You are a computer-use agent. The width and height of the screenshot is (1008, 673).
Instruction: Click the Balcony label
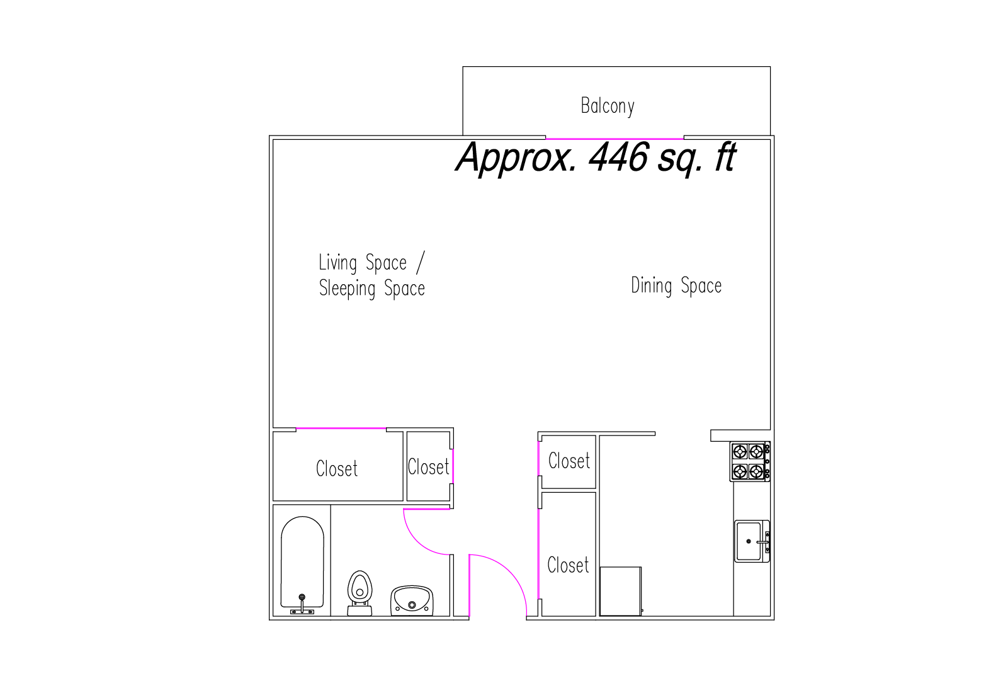(608, 106)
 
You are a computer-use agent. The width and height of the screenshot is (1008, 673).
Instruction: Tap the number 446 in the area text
(619, 157)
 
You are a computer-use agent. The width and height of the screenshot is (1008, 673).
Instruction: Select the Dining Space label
(676, 285)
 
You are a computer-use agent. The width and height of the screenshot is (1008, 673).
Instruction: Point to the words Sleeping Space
(371, 289)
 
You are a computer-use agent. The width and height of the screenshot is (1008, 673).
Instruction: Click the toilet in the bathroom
(360, 593)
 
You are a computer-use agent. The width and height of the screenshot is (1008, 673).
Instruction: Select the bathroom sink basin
(412, 601)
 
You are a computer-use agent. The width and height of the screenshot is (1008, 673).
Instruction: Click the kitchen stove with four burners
(750, 461)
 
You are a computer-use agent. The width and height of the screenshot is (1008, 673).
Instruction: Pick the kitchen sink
(752, 541)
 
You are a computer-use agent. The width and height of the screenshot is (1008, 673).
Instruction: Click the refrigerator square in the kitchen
(621, 591)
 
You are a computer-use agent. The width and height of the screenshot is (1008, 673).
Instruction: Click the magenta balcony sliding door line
(614, 139)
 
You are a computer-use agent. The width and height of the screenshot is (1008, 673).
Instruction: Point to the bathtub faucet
(302, 604)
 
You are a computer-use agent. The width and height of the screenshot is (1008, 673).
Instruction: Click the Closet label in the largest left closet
(337, 469)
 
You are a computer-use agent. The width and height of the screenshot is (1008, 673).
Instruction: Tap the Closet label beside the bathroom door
(428, 467)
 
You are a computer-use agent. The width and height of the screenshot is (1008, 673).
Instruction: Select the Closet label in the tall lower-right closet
(568, 565)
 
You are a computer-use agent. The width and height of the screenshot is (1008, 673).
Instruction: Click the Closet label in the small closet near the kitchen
(569, 461)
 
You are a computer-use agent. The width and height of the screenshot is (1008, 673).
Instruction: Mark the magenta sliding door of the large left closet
(341, 428)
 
